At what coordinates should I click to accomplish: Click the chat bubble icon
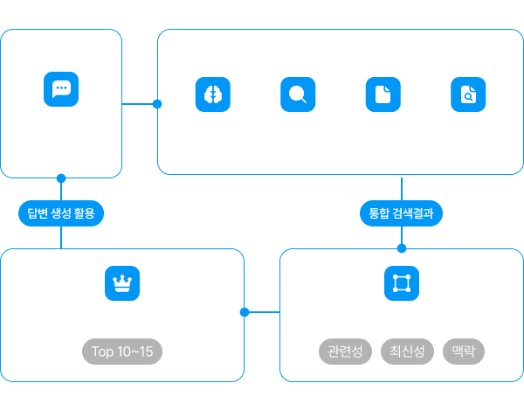point(61,89)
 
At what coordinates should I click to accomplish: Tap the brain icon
point(213,94)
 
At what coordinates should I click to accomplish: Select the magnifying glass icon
point(298,94)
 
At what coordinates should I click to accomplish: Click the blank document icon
point(383,94)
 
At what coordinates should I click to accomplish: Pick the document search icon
point(468,94)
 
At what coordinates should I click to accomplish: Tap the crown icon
point(122,283)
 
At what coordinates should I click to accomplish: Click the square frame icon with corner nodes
point(402,283)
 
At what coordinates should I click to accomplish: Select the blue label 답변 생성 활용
point(61,213)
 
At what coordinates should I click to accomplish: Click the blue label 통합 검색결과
point(402,213)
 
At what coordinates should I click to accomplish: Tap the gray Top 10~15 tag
point(122,352)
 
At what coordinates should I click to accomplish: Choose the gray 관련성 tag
point(345,352)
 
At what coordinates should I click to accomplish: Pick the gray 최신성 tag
point(407,352)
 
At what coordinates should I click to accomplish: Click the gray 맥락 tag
point(464,352)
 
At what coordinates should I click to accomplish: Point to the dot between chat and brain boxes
point(157,104)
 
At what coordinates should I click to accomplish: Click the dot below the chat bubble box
point(61,178)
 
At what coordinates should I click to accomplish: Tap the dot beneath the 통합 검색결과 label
point(402,248)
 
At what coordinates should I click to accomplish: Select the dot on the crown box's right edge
point(245,312)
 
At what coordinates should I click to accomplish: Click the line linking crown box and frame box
point(265,312)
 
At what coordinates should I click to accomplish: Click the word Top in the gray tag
point(102,352)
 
